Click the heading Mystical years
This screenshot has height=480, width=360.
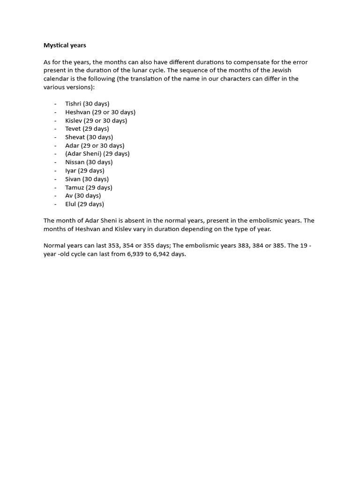pyautogui.click(x=65, y=45)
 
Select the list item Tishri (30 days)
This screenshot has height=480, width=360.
pyautogui.click(x=87, y=104)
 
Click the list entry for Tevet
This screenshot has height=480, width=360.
pyautogui.click(x=87, y=128)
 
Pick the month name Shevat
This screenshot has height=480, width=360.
pyautogui.click(x=75, y=137)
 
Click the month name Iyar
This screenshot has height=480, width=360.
pyautogui.click(x=70, y=171)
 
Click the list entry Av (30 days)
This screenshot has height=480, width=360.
pyautogui.click(x=83, y=195)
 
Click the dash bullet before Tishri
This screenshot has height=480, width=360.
pyautogui.click(x=55, y=104)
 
